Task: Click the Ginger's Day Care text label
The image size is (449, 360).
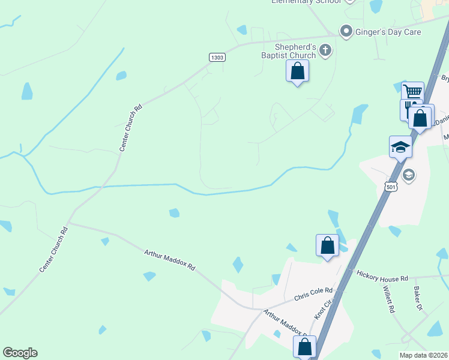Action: [390, 32]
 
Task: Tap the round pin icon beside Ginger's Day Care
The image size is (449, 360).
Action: [346, 31]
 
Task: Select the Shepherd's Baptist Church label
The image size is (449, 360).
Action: [299, 51]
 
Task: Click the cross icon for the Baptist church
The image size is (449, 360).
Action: [325, 50]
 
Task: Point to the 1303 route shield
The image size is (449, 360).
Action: [217, 57]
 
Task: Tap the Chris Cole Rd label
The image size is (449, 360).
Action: [313, 293]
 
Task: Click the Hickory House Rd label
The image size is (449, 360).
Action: [382, 277]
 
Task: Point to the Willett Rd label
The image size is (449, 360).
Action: [388, 299]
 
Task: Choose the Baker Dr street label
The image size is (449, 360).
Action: [418, 298]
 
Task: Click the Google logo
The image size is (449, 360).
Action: [20, 353]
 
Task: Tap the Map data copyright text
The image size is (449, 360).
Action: [423, 355]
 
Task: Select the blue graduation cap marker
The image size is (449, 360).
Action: [400, 146]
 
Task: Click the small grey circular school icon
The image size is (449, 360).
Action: [409, 175]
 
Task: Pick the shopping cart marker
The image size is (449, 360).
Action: [412, 92]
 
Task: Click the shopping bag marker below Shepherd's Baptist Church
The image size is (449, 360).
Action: [297, 71]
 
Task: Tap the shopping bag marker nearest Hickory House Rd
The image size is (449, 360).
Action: [327, 245]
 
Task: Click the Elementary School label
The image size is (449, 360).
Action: [306, 2]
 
